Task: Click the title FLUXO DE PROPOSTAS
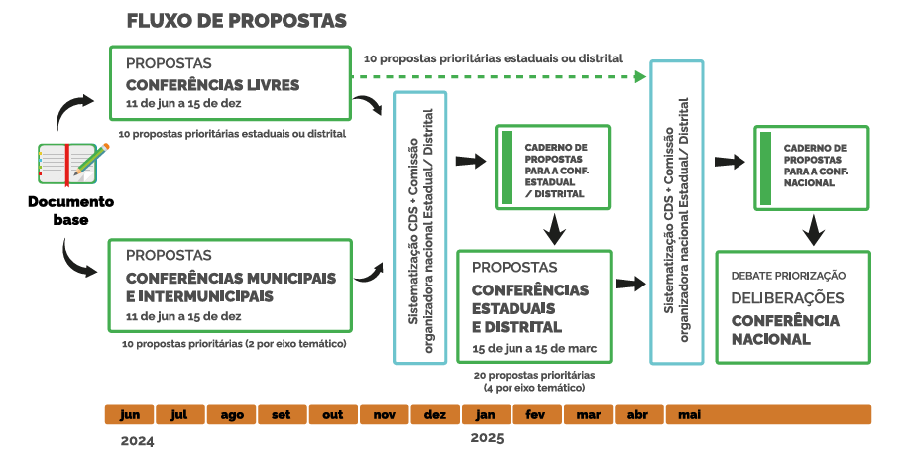click(236, 21)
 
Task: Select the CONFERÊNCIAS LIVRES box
click(229, 83)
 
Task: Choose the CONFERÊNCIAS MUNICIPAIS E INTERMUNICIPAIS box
click(229, 285)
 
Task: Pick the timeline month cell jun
click(129, 414)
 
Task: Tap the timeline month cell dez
click(434, 414)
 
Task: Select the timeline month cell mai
click(689, 414)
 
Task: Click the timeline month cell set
click(282, 414)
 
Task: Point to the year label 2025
click(487, 438)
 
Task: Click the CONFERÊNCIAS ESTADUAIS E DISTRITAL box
click(535, 306)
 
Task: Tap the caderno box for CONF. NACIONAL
click(811, 168)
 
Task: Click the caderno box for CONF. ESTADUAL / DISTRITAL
click(552, 168)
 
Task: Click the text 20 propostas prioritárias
click(534, 376)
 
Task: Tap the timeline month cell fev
click(536, 414)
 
